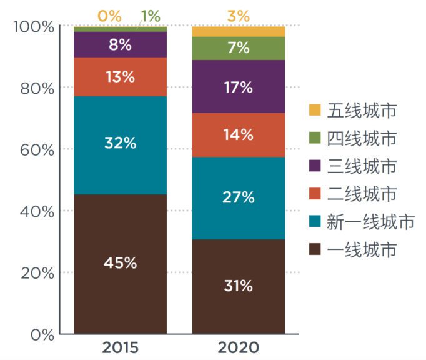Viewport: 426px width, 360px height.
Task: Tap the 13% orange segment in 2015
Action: [121, 77]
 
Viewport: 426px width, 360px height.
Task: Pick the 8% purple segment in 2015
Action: [121, 44]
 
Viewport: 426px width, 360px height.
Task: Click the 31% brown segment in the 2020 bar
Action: [238, 286]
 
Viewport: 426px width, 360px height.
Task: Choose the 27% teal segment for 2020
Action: [238, 197]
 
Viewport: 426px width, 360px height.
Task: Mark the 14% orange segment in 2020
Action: [238, 134]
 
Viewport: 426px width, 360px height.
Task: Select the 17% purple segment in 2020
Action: [238, 87]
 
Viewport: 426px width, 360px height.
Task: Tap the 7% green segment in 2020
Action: [238, 48]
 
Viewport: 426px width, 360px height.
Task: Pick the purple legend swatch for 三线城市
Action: [316, 166]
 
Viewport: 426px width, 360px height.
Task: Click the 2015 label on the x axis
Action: [121, 347]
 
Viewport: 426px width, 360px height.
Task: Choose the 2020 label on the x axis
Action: [238, 347]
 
